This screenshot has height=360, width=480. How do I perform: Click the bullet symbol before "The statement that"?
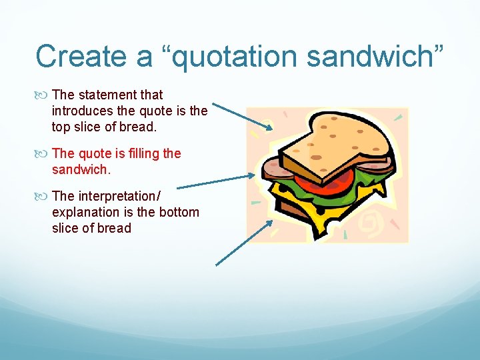pos(44,95)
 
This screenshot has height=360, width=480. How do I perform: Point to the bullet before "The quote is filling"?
pos(44,154)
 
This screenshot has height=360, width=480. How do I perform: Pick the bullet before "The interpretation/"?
pos(44,197)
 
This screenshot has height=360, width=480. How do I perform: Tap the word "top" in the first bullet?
pos(62,127)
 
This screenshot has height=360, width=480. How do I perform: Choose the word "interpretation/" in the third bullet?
pos(119,196)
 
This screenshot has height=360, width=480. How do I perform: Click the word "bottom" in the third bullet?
pos(177,212)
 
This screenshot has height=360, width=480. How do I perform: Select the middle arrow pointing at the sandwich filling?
pos(217,181)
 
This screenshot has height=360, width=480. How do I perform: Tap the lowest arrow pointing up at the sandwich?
pos(244,243)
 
